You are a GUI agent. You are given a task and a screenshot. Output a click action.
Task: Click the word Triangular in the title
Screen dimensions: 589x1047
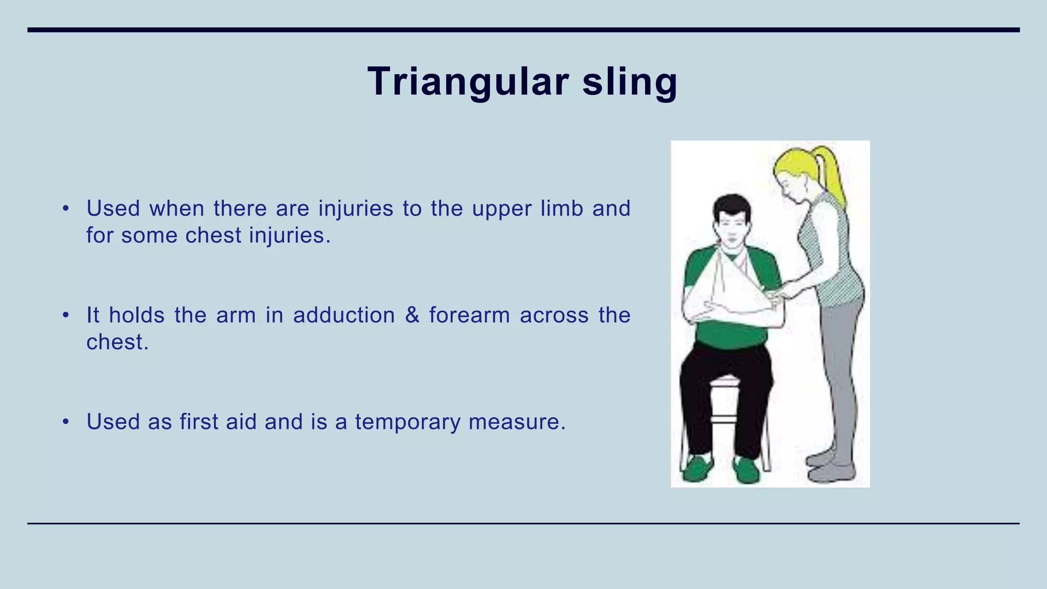click(x=468, y=82)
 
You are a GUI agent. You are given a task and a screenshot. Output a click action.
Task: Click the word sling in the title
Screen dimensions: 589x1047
click(x=629, y=82)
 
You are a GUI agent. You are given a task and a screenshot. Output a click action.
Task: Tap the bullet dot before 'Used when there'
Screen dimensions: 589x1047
click(x=65, y=209)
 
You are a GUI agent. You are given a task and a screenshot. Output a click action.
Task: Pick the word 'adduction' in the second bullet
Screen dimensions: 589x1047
click(x=344, y=315)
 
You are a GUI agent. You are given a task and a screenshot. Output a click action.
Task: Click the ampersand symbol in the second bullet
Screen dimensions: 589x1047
click(x=412, y=315)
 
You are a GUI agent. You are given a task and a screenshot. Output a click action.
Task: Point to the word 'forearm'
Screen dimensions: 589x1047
click(x=469, y=315)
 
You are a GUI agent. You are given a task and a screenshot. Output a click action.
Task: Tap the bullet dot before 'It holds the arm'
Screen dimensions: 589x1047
click(x=65, y=315)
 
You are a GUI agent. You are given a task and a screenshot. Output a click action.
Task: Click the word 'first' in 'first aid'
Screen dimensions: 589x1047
click(x=198, y=422)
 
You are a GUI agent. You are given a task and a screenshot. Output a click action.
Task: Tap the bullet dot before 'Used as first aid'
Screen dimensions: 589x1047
click(x=65, y=422)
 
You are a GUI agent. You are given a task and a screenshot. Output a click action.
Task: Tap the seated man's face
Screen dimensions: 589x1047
click(x=732, y=230)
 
